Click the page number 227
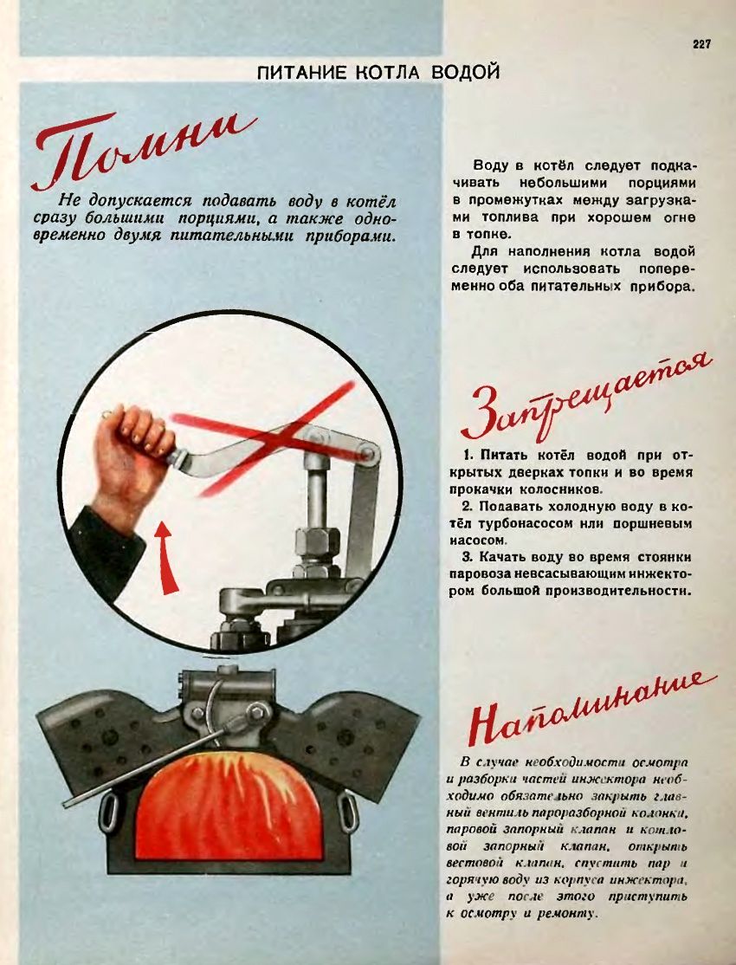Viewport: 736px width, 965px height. click(x=700, y=44)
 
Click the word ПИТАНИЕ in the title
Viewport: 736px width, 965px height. click(x=303, y=73)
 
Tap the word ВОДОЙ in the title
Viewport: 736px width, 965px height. click(x=465, y=72)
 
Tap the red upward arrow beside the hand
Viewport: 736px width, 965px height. click(x=165, y=558)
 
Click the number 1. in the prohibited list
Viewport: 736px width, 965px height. click(x=468, y=456)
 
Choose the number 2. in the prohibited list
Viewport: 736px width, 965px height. click(x=468, y=507)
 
